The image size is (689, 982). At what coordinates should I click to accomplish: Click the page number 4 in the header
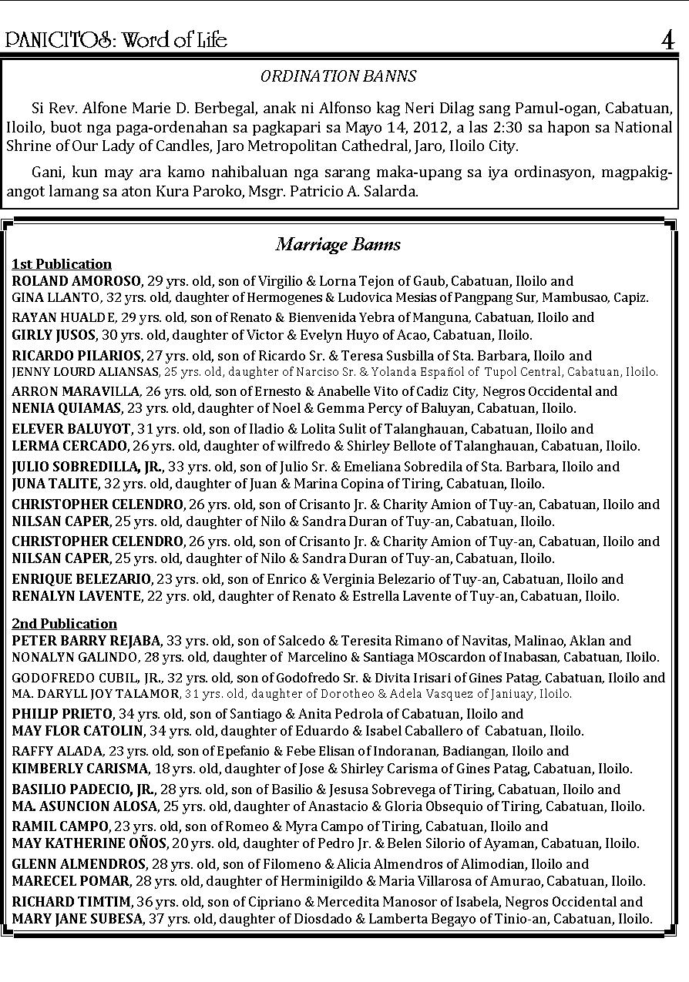coord(667,40)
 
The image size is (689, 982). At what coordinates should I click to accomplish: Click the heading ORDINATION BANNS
coord(338,76)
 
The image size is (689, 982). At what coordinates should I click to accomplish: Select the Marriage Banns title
coord(338,245)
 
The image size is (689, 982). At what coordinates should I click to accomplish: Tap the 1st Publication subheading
coord(62,264)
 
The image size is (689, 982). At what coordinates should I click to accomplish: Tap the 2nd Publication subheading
coord(65,624)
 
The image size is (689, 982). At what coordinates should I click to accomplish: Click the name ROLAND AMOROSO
coord(76,281)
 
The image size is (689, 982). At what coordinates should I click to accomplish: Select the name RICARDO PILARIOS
coord(76,356)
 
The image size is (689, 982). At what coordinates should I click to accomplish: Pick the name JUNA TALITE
coord(55,484)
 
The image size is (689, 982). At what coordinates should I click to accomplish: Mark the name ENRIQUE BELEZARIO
coord(81,579)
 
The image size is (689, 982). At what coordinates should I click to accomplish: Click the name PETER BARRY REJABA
coord(86,641)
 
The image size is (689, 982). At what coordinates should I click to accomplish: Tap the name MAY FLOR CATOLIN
coord(78,730)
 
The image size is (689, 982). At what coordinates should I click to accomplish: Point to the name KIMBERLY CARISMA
coord(80,769)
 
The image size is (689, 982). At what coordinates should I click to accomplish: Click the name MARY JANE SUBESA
coord(77,919)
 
